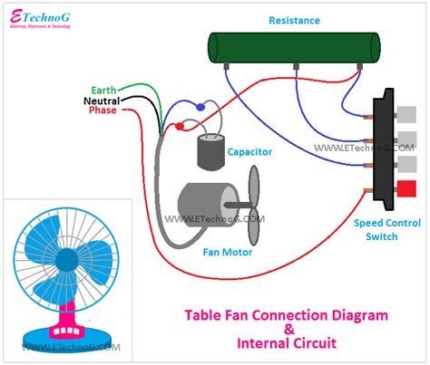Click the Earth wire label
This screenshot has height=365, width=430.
103,91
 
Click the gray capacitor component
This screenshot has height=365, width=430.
211,153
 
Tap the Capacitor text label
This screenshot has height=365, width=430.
249,152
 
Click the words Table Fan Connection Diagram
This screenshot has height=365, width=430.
286,314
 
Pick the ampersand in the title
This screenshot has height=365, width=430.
287,330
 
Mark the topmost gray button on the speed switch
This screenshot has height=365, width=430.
406,114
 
